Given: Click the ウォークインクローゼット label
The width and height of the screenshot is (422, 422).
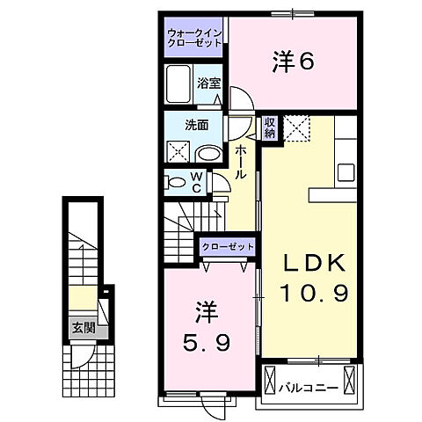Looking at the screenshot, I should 196,39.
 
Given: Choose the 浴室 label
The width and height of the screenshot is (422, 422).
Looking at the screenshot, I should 209,84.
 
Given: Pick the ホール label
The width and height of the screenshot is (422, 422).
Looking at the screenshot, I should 239,163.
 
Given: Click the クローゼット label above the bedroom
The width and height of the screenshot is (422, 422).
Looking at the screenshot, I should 227,247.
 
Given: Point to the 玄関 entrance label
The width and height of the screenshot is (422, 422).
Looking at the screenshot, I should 82,331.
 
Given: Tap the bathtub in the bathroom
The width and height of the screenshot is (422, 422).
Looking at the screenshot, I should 180,85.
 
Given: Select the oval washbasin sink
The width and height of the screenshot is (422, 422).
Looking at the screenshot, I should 208,153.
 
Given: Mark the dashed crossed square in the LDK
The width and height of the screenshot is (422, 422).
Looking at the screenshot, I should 296,128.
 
